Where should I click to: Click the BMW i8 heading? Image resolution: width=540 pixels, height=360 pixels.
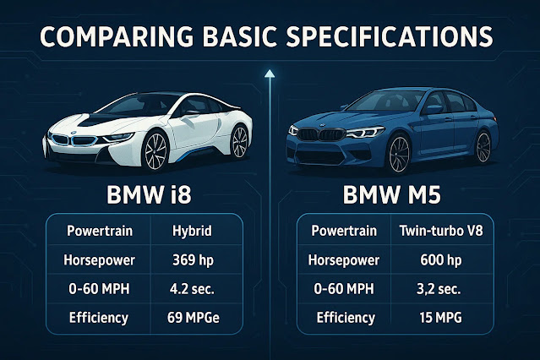[149, 195]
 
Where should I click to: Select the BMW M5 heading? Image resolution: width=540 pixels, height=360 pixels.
[392, 195]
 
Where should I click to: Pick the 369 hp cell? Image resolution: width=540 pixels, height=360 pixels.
[193, 260]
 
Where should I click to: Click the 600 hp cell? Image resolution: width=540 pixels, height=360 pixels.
[441, 260]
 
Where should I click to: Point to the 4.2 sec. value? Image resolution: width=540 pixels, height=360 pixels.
[192, 289]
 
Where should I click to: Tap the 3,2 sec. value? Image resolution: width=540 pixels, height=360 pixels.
[439, 289]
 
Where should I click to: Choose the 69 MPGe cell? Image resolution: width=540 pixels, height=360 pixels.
[194, 318]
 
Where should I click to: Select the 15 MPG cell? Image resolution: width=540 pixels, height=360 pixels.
[441, 318]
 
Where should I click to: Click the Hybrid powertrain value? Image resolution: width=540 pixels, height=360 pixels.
[192, 232]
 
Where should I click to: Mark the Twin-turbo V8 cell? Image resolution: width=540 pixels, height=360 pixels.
[441, 231]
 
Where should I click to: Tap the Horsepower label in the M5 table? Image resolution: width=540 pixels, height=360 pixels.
[344, 260]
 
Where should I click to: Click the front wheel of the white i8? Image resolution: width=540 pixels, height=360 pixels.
[155, 151]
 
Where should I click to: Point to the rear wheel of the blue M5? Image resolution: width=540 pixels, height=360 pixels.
[483, 147]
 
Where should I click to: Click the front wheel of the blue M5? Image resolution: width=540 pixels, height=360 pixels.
[399, 154]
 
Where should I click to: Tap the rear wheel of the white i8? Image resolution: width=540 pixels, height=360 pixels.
[239, 142]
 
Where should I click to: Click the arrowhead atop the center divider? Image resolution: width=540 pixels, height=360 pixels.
[270, 73]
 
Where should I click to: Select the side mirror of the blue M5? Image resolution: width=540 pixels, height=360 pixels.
[433, 110]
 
